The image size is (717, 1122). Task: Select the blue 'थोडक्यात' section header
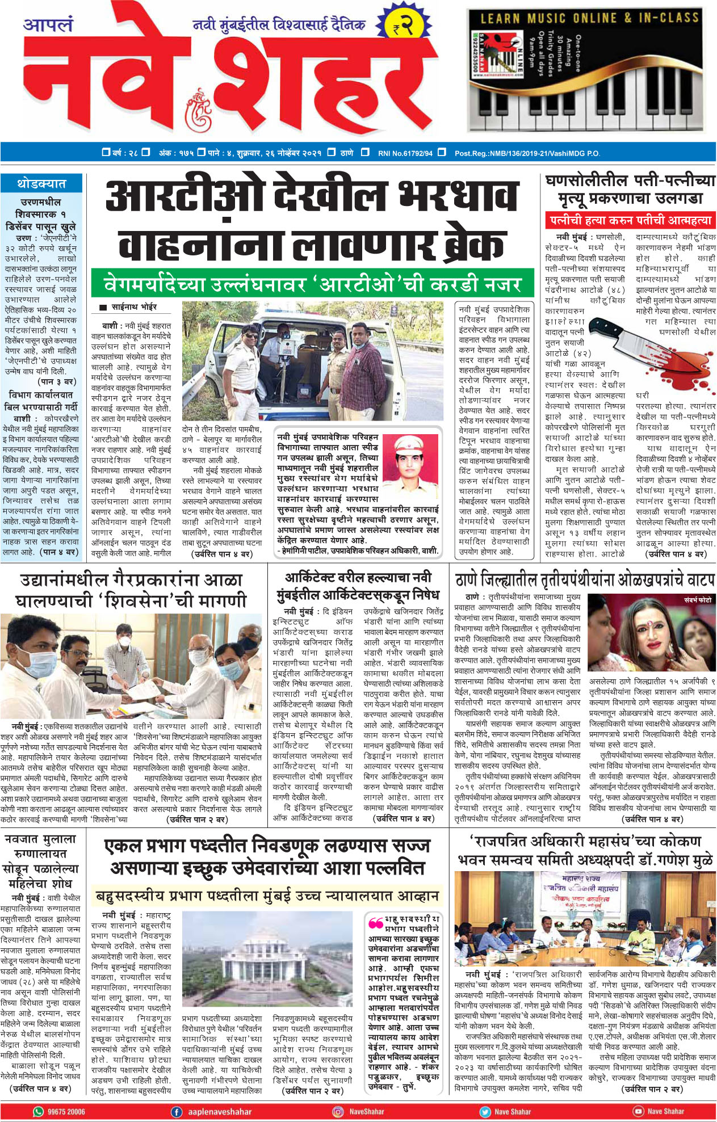coord(41,184)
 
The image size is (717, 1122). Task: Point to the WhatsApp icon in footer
coord(39,1111)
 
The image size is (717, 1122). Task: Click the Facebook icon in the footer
coord(177,1111)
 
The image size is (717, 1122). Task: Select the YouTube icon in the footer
coord(638,1111)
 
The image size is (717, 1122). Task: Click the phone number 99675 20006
coord(66,1111)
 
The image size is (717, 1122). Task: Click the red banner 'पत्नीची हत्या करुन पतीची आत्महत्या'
coord(630,220)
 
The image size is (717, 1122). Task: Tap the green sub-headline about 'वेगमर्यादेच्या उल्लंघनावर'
coord(313,283)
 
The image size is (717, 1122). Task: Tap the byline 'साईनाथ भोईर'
coord(134,307)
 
